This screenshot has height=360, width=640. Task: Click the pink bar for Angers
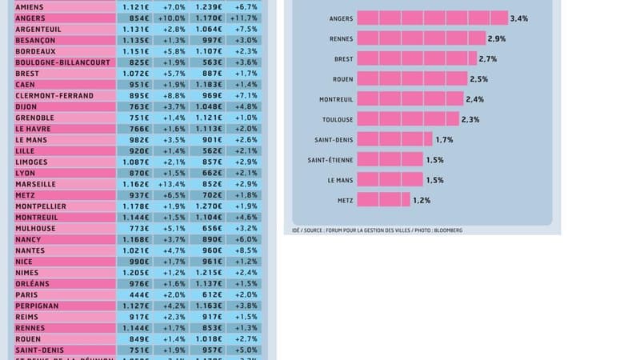coord(432,18)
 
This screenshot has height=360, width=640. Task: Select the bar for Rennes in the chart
coord(421,38)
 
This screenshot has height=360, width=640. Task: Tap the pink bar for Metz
coord(383,199)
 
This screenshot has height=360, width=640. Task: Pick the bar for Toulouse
coord(407,118)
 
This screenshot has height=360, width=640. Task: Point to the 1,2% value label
coord(422,199)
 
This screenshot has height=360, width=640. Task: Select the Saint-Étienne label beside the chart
coord(330,159)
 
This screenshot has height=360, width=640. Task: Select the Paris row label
coord(26,294)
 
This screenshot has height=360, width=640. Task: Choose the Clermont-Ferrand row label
coord(54,95)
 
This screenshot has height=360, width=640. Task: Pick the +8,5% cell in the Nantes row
coord(243,250)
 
